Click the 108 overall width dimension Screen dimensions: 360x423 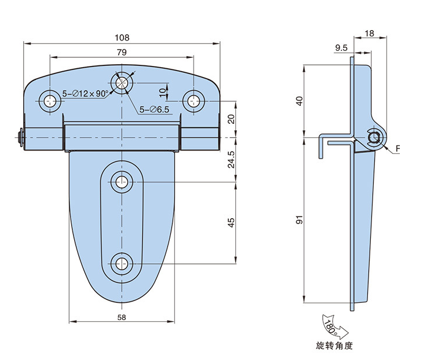tap(122, 37)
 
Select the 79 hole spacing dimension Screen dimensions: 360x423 tap(122, 52)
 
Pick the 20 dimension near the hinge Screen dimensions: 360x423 tap(231, 119)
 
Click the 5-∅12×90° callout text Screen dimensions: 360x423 tap(86, 93)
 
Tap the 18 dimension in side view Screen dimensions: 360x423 tap(370, 34)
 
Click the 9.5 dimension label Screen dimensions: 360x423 tap(341, 48)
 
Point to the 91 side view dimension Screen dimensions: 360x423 tap(299, 221)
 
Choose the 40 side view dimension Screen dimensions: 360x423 tap(299, 100)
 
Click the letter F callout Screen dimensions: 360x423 tap(399, 149)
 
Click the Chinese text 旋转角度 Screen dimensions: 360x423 tap(334, 346)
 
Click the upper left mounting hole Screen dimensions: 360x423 tap(52, 101)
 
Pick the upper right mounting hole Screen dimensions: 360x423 tap(192, 101)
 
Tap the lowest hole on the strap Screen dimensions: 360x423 tap(122, 264)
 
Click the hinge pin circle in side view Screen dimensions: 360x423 tap(375, 137)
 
